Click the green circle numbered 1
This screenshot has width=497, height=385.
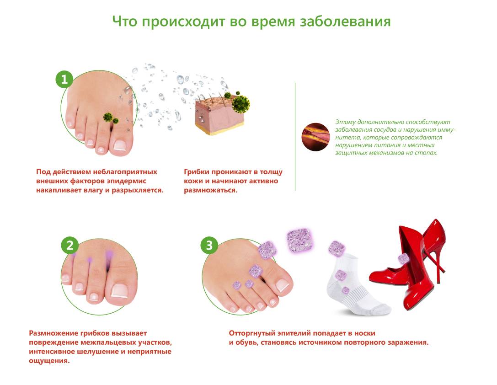64,79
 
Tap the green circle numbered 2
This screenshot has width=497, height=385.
70,245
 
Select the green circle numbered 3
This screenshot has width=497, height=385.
209,245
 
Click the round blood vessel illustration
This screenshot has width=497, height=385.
315,137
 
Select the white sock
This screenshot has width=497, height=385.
358,285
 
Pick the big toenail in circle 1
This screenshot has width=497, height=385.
120,145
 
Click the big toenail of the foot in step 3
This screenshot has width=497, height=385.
283,286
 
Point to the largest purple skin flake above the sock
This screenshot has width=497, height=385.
299,240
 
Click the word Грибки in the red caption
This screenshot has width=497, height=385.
197,172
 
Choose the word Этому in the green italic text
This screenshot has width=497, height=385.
345,122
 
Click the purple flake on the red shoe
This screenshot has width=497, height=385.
404,259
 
